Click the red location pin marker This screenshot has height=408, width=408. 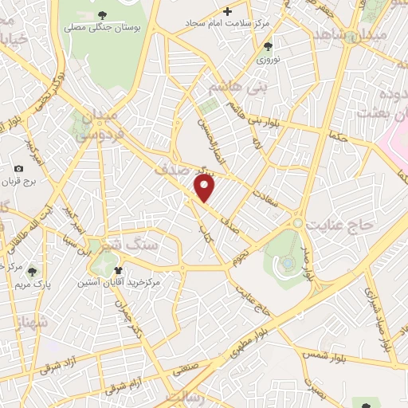[x=205, y=188]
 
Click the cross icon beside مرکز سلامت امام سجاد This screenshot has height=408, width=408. [x=228, y=12]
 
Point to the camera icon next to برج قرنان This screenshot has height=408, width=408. [x=18, y=168]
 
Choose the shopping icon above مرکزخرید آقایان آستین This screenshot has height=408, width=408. [x=119, y=270]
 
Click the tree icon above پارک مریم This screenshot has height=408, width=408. [x=32, y=271]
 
